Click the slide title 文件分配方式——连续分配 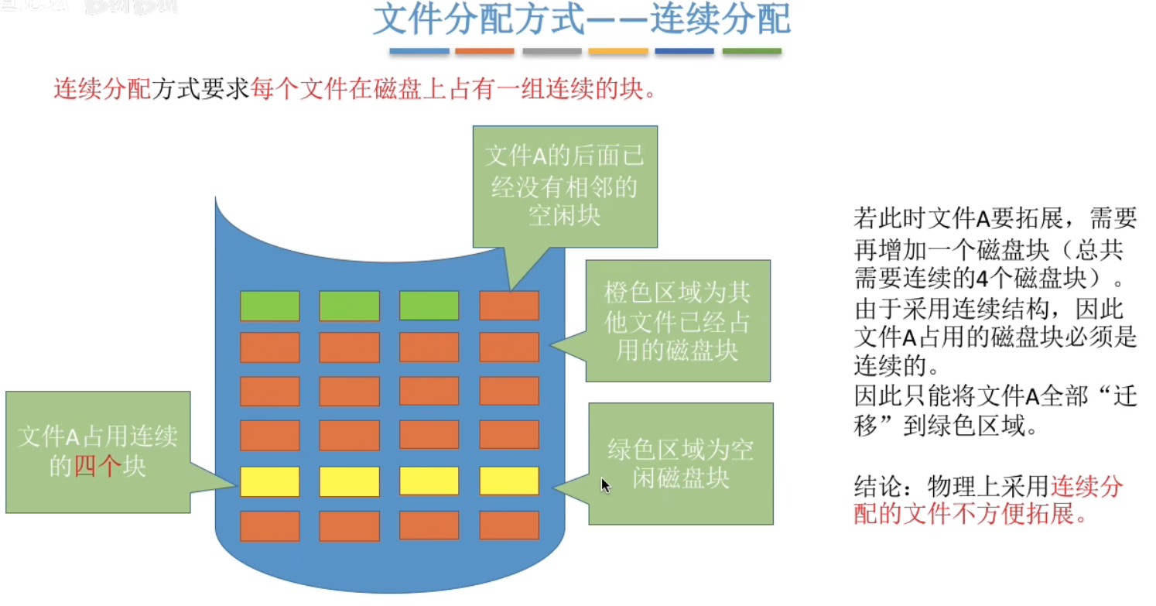click(x=582, y=21)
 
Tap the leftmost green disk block click(x=269, y=306)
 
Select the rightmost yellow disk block click(x=509, y=481)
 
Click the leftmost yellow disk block click(x=269, y=481)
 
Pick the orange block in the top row click(x=509, y=306)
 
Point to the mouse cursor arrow click(x=604, y=484)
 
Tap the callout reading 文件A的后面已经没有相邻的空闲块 click(x=564, y=186)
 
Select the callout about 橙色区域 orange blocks click(x=677, y=320)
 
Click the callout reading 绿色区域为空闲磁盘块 click(x=680, y=463)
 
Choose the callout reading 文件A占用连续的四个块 click(x=97, y=451)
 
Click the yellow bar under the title click(x=617, y=52)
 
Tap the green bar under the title click(x=751, y=52)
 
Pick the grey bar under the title click(x=552, y=52)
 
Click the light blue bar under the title click(x=419, y=52)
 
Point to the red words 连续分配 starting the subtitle click(x=102, y=90)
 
